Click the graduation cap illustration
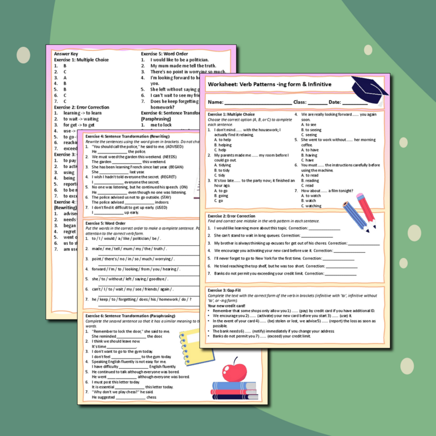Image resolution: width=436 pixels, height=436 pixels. tap(369, 89)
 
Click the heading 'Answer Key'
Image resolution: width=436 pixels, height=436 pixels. tap(66, 54)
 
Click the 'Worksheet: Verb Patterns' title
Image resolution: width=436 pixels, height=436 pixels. tap(269, 84)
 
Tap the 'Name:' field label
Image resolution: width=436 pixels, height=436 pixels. tap(215, 102)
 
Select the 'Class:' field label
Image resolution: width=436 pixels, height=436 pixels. tap(300, 102)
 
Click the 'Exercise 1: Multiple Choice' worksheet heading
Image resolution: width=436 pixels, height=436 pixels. tap(231, 114)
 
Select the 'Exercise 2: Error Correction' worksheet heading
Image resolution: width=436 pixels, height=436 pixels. tap(231, 216)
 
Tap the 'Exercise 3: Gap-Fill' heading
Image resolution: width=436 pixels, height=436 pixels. tap(225, 290)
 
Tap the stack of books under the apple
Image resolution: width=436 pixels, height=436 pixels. tap(234, 389)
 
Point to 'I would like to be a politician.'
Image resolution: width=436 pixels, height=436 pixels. tap(179, 59)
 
